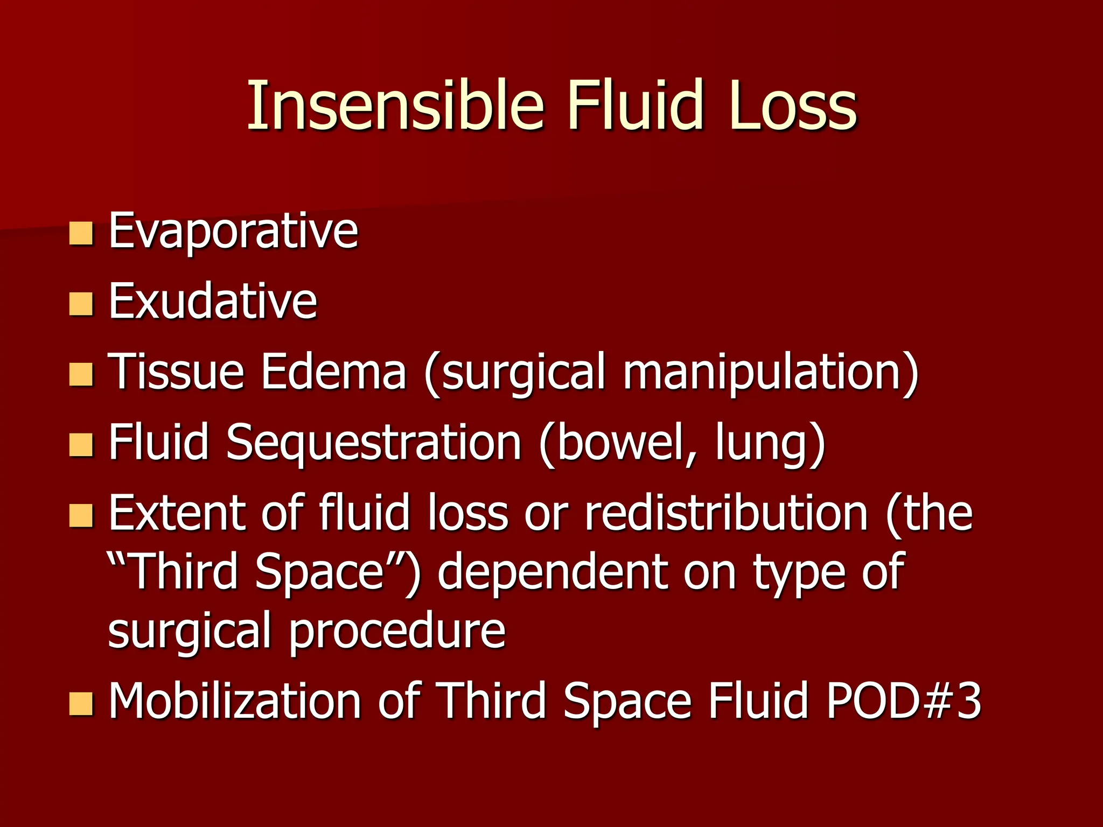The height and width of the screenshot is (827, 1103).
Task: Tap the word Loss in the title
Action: [793, 105]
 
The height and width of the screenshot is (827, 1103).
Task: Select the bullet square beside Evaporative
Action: [81, 233]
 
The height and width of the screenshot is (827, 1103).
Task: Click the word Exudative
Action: [213, 301]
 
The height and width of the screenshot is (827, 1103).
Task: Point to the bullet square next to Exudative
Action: [81, 304]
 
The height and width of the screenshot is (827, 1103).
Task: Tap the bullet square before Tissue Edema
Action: [81, 375]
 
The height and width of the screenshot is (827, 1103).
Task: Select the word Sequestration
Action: [374, 443]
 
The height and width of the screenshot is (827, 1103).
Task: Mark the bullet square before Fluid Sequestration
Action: [81, 445]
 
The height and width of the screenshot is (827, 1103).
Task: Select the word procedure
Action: [397, 631]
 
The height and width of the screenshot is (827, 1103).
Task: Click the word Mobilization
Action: [234, 700]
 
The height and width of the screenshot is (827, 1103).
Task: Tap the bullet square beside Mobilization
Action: [81, 704]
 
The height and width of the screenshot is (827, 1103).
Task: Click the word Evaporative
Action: [233, 232]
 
